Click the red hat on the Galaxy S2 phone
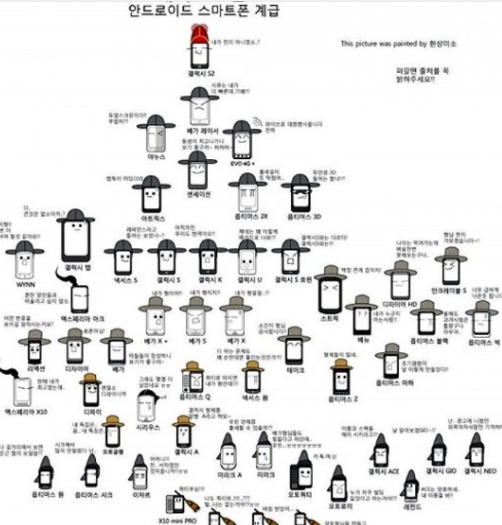point(200,33)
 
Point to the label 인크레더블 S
point(450,290)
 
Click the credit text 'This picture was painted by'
point(383,44)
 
